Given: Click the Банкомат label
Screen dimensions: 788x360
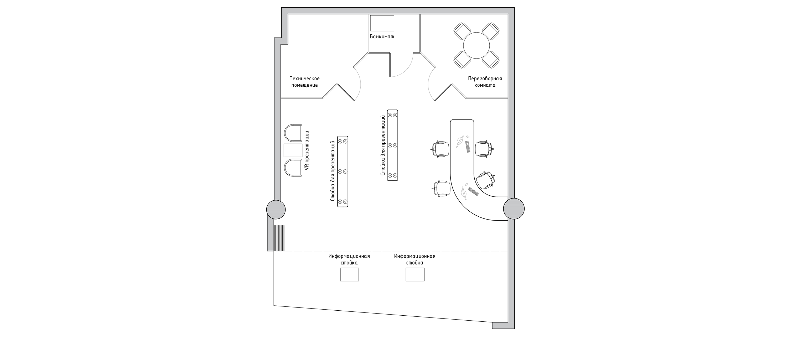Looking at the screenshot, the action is [x=382, y=37].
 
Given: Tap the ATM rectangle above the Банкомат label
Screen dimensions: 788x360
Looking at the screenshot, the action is [x=382, y=23].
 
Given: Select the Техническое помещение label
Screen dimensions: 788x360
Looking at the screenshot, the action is [x=305, y=82].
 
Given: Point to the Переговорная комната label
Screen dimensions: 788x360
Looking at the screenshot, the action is [x=485, y=82].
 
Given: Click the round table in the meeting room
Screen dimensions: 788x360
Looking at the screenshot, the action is [x=476, y=46].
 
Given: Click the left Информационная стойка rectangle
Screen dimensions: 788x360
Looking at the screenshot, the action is [x=349, y=274].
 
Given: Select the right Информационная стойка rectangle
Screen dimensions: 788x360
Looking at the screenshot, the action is [x=415, y=274].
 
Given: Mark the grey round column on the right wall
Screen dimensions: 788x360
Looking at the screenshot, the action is [x=514, y=208].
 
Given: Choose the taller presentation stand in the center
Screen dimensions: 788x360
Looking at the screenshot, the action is [x=392, y=145].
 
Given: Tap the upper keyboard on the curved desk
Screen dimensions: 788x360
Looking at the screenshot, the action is [x=468, y=147].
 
